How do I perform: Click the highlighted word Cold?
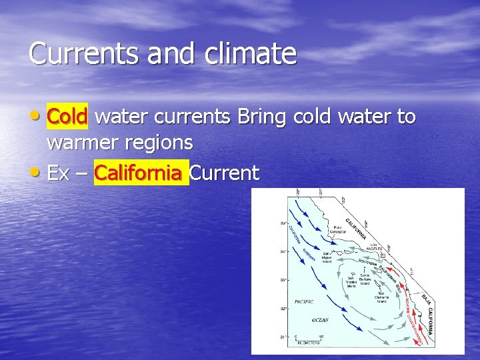(x=67, y=117)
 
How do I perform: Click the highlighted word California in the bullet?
(x=138, y=173)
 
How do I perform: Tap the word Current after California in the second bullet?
(x=224, y=173)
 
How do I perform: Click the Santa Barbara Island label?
(x=364, y=278)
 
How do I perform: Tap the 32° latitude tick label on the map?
(x=282, y=309)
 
